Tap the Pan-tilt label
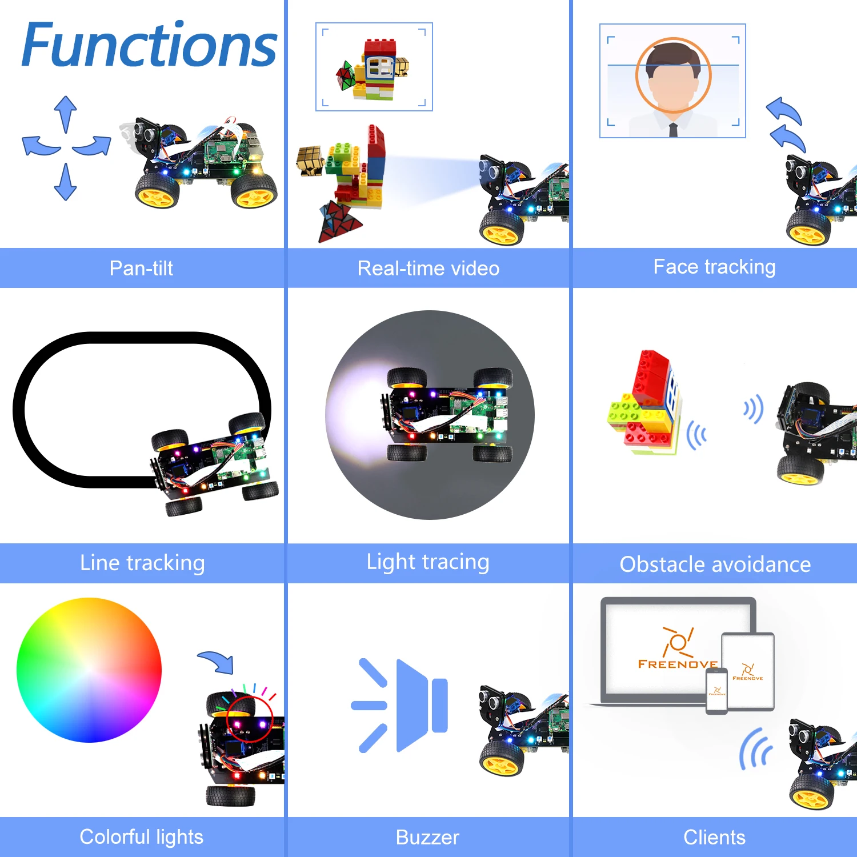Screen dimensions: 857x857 (141, 268)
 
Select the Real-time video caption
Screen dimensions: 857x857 (428, 268)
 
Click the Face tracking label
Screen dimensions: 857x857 (714, 267)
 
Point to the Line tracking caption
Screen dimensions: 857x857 (142, 563)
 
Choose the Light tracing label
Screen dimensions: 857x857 (428, 562)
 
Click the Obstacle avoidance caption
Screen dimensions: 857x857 (715, 564)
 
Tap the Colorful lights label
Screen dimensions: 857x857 (141, 837)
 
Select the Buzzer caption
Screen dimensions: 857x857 (427, 838)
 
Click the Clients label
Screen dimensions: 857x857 (714, 838)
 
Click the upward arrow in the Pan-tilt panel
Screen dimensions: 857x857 (66, 113)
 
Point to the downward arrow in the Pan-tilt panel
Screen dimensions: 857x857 (66, 182)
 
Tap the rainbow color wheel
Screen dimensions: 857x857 (89, 670)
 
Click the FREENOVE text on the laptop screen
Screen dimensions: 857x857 (678, 664)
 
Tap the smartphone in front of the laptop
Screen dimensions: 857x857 (716, 691)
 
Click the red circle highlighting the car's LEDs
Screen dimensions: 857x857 (250, 718)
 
